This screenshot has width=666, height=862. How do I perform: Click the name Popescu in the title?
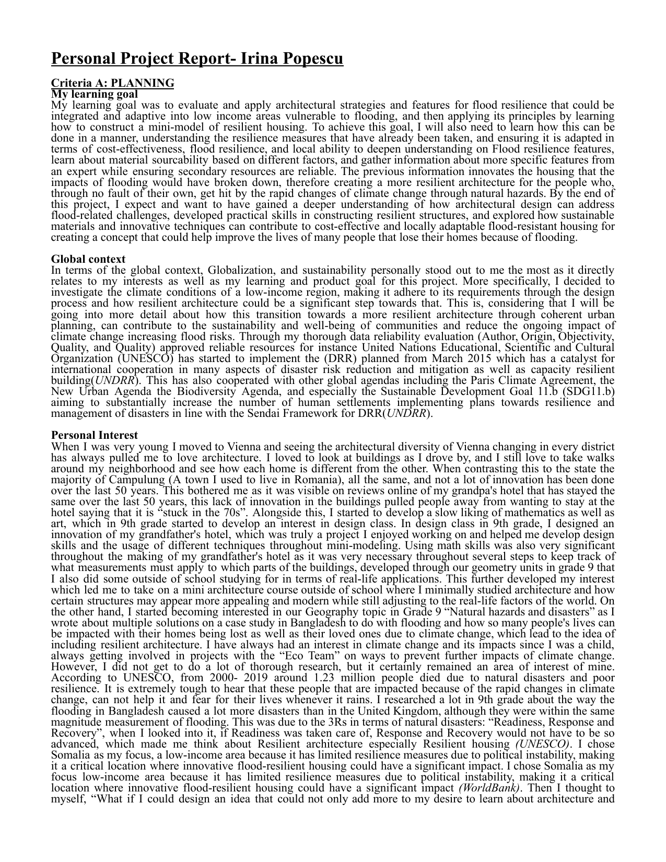tap(313, 59)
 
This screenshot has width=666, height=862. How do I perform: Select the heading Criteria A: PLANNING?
tap(112, 83)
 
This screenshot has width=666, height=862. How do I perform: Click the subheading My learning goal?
tap(95, 94)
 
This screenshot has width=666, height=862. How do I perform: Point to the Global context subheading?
tap(88, 259)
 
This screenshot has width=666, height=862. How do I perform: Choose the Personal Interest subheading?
tap(95, 435)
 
